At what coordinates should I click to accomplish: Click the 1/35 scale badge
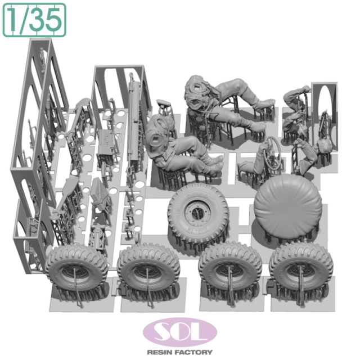tap(34, 20)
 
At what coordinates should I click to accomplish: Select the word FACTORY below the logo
tap(196, 352)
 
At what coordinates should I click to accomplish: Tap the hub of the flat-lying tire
tap(196, 210)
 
